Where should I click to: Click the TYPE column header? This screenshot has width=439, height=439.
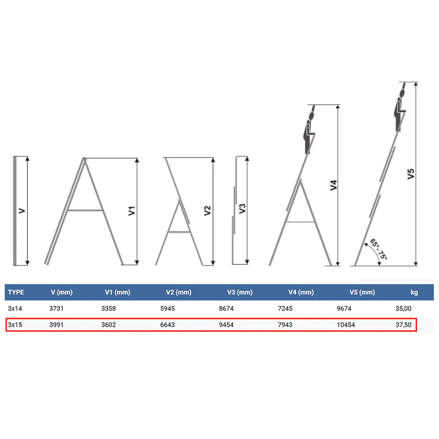tap(16, 292)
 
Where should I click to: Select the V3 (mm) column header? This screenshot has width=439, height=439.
tap(239, 292)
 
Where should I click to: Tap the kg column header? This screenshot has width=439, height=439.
tap(414, 292)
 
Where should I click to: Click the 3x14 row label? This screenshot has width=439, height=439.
tap(15, 308)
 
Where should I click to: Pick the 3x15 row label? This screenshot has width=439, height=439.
tap(15, 325)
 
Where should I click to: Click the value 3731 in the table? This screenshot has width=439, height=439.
tap(56, 308)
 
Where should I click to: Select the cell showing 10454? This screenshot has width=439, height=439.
tap(346, 325)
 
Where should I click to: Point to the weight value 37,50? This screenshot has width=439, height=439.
tap(404, 325)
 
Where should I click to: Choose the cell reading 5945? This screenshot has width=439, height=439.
tap(168, 308)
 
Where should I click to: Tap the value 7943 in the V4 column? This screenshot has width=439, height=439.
tap(285, 325)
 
